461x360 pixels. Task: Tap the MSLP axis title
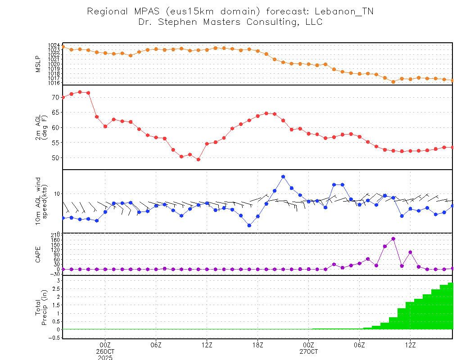[x=38, y=64]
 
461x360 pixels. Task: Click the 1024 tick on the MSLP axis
[x=54, y=45]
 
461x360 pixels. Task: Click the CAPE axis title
[x=38, y=254]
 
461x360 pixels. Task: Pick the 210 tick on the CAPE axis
[x=54, y=235]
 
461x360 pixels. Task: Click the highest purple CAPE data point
[x=393, y=239]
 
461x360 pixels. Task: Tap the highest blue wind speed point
[x=283, y=176]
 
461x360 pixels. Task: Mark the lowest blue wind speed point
[x=249, y=225]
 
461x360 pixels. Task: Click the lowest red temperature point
[x=198, y=159]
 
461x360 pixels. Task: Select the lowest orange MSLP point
[x=393, y=82]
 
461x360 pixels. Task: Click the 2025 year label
[x=105, y=357]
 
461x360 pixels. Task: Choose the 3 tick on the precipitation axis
[x=58, y=280]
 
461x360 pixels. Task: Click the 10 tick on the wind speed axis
[x=57, y=193]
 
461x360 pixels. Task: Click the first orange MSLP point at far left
[x=63, y=46]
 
